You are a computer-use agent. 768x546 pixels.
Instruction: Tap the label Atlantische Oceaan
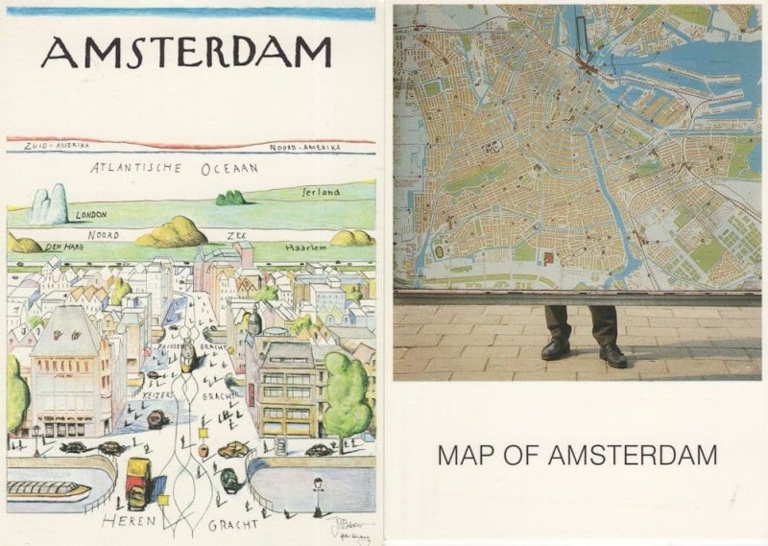click(x=175, y=167)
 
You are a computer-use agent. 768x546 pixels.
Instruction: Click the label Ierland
click(x=321, y=192)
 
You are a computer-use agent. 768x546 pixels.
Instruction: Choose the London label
click(x=91, y=215)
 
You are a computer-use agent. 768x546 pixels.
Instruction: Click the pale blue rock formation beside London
click(x=49, y=205)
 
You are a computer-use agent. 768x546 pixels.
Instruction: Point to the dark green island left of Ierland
click(x=230, y=198)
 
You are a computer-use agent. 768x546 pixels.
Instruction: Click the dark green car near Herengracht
click(x=230, y=480)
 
